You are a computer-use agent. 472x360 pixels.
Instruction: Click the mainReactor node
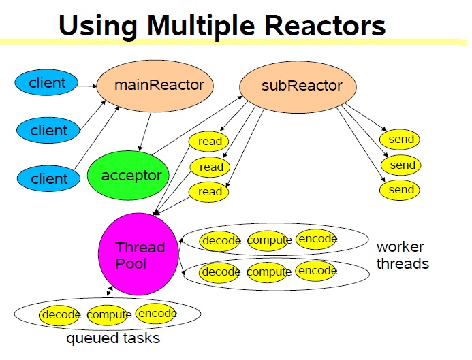154,86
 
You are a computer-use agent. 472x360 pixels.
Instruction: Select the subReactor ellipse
292,86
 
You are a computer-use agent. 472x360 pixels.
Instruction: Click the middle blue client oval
48,130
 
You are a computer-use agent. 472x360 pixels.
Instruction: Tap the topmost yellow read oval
210,141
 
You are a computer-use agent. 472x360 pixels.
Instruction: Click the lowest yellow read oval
209,192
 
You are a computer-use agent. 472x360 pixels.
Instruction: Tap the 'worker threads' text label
403,255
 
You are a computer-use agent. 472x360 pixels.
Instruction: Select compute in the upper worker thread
270,240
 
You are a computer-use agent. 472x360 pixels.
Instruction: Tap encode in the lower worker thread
317,271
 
